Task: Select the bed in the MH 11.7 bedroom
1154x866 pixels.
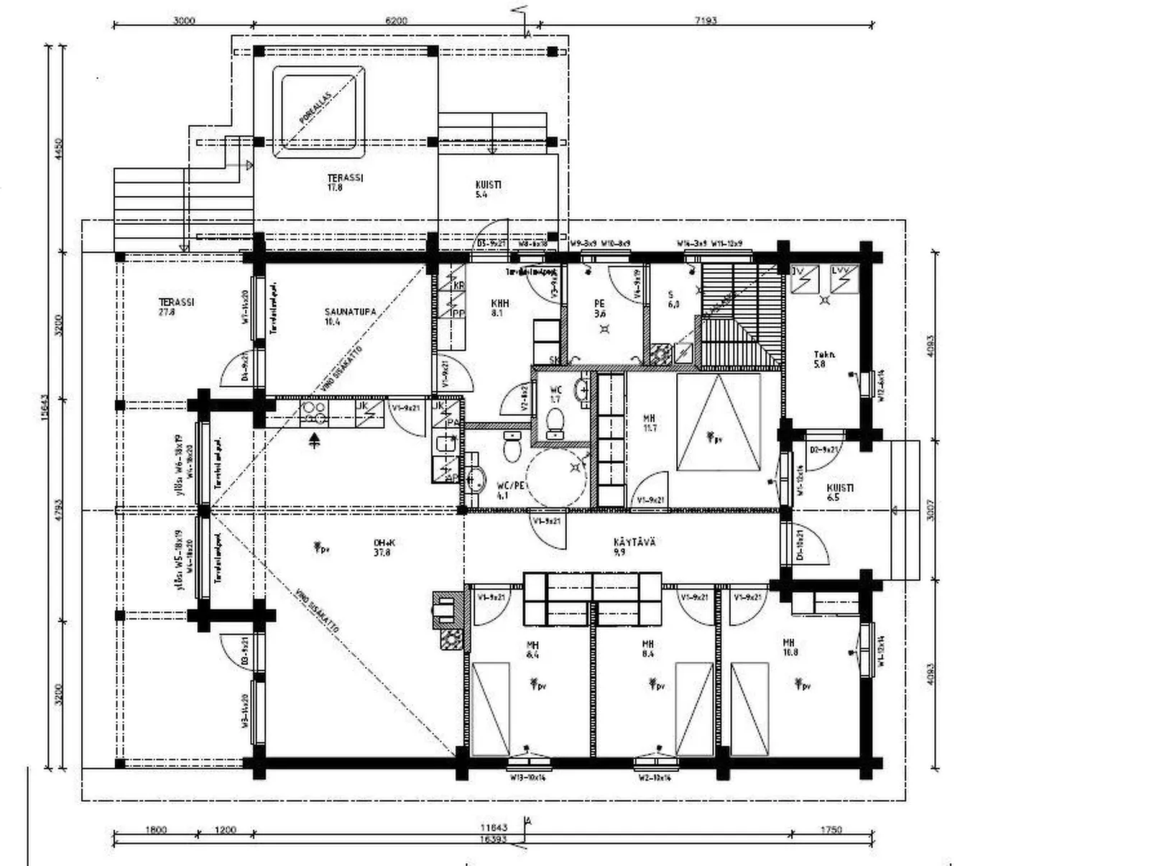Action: tap(718, 423)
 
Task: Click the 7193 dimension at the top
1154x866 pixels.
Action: tap(706, 21)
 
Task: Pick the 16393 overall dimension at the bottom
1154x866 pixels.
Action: tap(493, 839)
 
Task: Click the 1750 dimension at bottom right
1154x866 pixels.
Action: tap(830, 830)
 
